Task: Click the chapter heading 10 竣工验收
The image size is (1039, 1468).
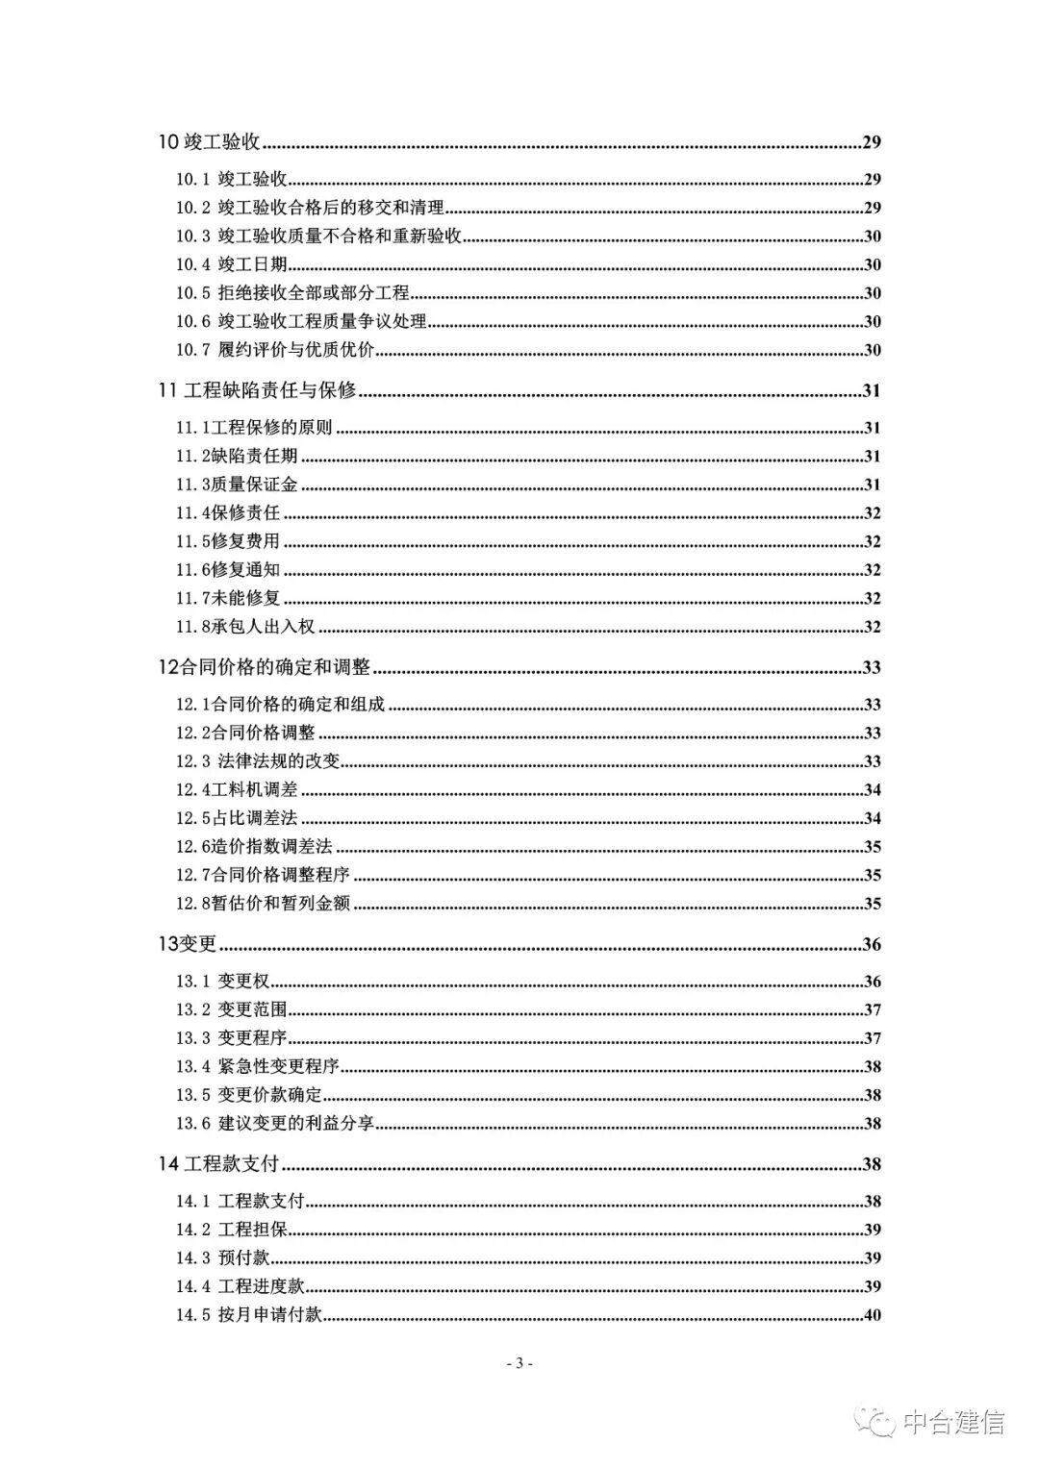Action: point(210,142)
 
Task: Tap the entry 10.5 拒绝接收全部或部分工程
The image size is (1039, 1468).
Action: point(291,293)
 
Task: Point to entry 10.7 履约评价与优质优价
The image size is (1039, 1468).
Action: point(274,350)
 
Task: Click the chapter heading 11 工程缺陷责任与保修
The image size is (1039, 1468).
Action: point(257,390)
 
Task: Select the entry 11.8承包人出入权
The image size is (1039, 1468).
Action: point(245,627)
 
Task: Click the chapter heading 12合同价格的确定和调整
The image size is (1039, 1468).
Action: point(266,667)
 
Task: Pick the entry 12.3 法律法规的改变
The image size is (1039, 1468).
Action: point(258,761)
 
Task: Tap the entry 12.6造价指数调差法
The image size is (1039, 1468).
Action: point(254,847)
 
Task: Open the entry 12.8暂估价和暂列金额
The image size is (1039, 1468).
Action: point(263,904)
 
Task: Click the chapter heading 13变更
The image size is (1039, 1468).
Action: point(188,944)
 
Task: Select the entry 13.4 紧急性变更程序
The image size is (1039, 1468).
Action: point(257,1066)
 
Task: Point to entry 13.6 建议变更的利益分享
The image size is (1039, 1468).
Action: point(274,1123)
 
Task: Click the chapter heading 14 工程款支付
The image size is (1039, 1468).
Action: point(218,1163)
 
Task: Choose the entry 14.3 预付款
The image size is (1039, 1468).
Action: point(222,1257)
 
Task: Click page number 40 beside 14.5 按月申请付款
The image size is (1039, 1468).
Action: point(872,1315)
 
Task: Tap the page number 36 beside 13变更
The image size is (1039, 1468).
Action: point(872,944)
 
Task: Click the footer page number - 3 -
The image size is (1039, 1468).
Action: point(519,1363)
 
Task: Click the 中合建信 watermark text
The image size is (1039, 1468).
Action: point(951,1422)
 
